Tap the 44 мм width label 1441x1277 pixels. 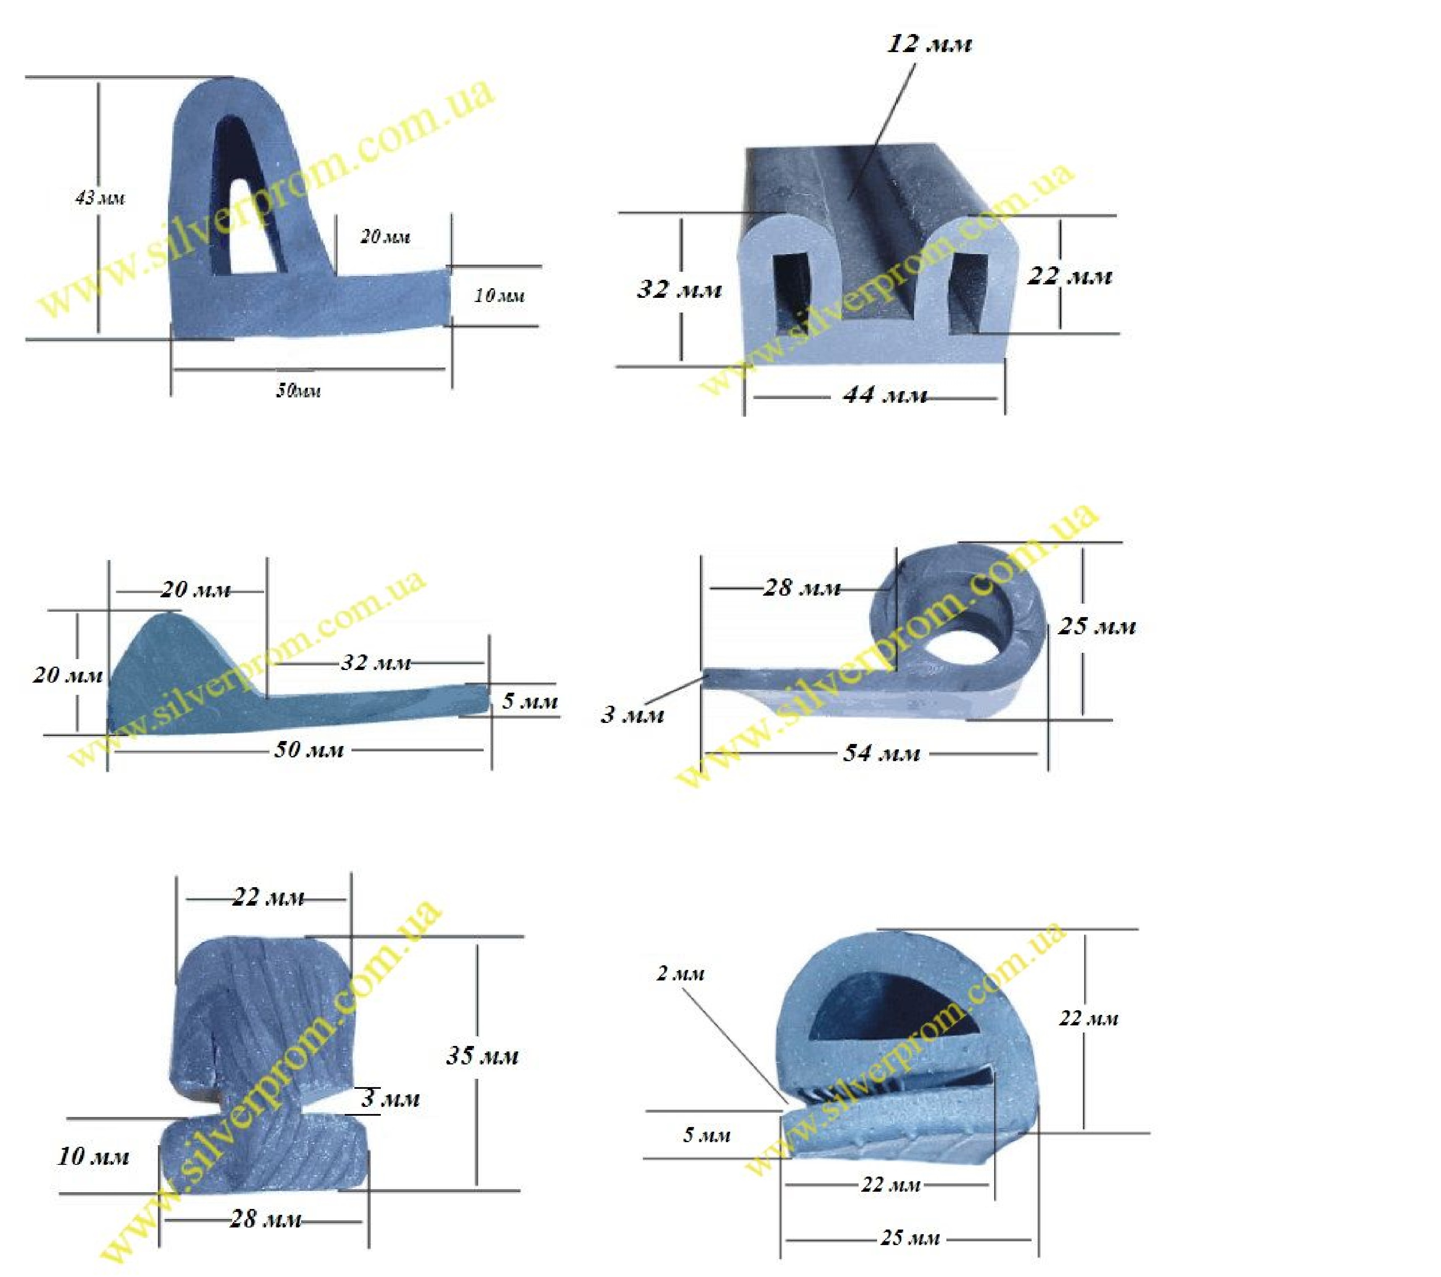[885, 395]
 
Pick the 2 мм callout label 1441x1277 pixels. [680, 974]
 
